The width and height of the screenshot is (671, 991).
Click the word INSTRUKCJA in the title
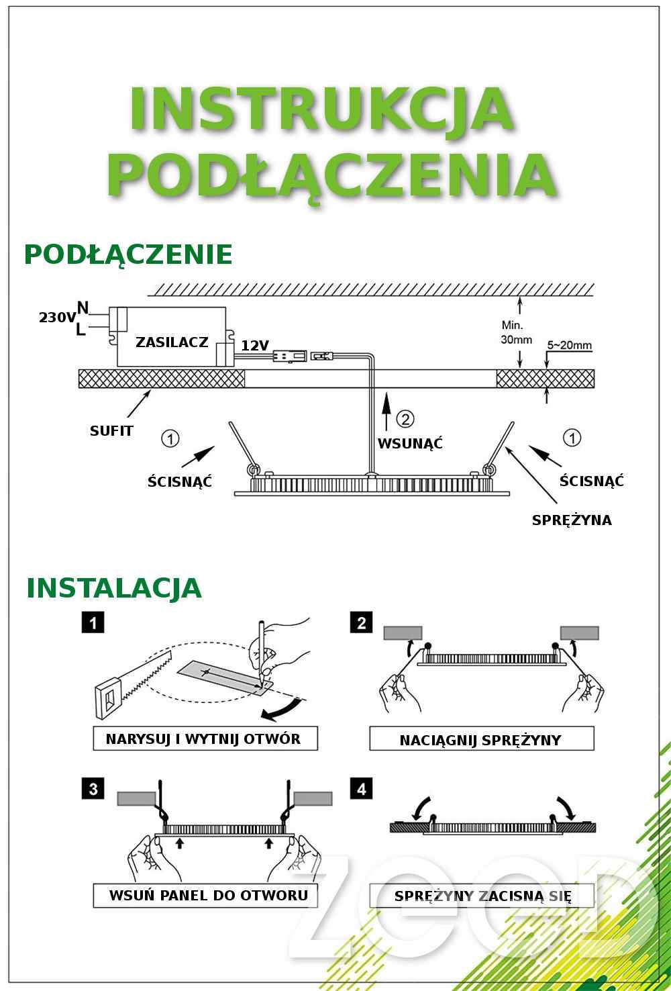coord(322,109)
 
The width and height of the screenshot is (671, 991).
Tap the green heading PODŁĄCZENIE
coord(128,255)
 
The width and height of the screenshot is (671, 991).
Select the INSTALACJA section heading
coord(114,587)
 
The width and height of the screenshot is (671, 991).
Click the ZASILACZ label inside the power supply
coord(172,342)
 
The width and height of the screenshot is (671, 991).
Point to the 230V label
coord(57,317)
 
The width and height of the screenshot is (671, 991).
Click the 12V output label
coord(255,346)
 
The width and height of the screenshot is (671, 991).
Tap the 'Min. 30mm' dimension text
coord(516,332)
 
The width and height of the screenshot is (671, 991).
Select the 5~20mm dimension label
coord(569,345)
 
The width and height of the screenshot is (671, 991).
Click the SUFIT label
coord(111,431)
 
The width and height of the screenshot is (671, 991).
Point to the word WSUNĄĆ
coord(410,443)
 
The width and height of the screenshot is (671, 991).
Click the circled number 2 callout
coord(405,418)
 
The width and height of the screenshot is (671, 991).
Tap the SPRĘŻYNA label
coord(572,520)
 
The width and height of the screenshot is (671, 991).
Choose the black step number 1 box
coord(93,623)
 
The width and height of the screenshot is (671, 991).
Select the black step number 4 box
coord(361,789)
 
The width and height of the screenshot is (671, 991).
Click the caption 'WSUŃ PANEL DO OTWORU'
coord(209,895)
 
